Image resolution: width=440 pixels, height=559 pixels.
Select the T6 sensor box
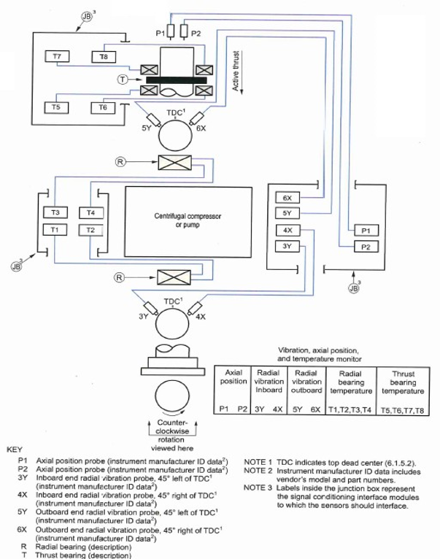pos(101,107)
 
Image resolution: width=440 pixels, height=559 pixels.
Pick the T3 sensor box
pos(55,213)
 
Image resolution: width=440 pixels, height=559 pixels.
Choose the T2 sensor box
pos(91,230)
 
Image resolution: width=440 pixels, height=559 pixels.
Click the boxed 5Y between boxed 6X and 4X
pos(287,214)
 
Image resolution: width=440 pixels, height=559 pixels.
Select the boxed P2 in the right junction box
pos(366,247)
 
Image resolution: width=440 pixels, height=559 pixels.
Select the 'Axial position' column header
pos(234,377)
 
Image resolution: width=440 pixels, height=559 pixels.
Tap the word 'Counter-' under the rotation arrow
pos(173,423)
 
